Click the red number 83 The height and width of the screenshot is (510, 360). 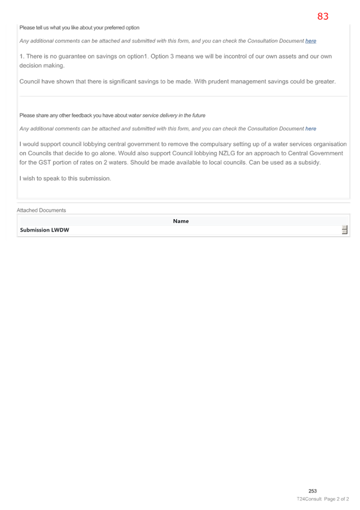coord(323,16)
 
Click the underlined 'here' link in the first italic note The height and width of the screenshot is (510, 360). coord(310,41)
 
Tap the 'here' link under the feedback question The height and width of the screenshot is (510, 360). coord(310,129)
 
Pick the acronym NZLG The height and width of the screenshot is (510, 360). coord(226,153)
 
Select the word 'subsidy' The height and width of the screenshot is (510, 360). coord(309,163)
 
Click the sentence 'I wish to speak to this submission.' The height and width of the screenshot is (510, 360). coord(65,178)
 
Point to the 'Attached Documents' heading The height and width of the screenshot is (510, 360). coord(41,211)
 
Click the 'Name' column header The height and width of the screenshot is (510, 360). coord(181,221)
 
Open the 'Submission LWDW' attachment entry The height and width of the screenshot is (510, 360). coord(45,230)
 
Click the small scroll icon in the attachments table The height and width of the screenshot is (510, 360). coord(344,230)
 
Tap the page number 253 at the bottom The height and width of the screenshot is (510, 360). coord(313,491)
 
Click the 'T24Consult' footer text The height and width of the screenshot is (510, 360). coord(309,499)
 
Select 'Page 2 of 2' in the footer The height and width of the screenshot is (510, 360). coord(337,499)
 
